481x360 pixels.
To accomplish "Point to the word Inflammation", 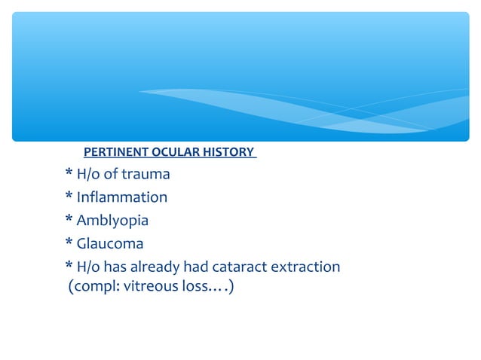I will (122, 198).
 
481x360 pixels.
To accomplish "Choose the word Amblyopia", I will (113, 221).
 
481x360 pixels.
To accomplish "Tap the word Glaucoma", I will (110, 244).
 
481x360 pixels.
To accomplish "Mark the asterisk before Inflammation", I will (69, 197).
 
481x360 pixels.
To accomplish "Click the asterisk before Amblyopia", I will (69, 221).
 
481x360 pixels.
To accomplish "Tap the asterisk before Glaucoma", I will (69, 243).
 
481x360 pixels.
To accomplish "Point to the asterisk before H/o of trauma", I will (69, 174).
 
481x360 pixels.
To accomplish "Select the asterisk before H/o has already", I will (69, 267).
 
